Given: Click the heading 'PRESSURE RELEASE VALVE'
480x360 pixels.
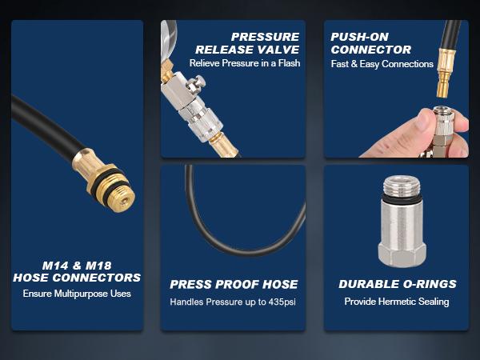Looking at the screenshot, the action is pos(247,43).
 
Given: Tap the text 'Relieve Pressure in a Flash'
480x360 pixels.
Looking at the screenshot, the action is pos(245,63).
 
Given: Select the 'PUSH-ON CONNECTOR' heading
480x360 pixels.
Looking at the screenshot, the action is pos(370,43).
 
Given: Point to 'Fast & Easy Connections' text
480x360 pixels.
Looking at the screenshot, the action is pos(382,64).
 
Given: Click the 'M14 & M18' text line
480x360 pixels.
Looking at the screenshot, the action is pos(77,266).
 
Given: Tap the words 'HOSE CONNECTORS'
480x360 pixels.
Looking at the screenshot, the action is pos(77,278).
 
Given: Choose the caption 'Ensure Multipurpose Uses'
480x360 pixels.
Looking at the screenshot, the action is pos(77,294).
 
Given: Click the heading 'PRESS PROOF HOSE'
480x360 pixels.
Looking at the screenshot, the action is pos(234,284).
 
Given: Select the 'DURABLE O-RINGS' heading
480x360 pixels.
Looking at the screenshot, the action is pos(398,284).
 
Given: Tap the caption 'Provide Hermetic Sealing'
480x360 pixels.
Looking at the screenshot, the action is pos(397,302).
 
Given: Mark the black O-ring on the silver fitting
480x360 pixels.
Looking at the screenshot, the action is pos(402,197).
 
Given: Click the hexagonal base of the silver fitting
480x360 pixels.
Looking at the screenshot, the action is pos(402,254).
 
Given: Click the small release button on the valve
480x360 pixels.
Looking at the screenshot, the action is pos(196,83).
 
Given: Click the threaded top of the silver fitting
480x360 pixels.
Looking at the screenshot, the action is pos(402,185).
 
